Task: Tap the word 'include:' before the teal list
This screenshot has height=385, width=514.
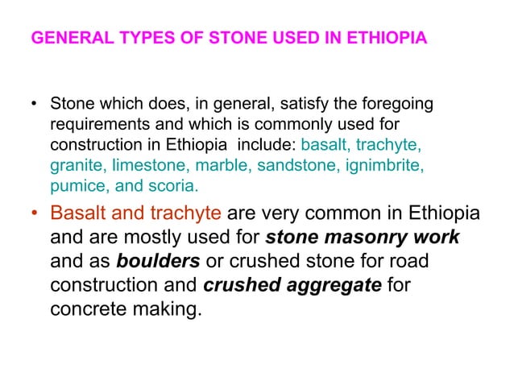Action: pos(270,147)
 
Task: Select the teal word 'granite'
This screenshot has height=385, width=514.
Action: pos(77,167)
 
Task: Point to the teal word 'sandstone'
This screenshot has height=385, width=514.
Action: pos(297,167)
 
